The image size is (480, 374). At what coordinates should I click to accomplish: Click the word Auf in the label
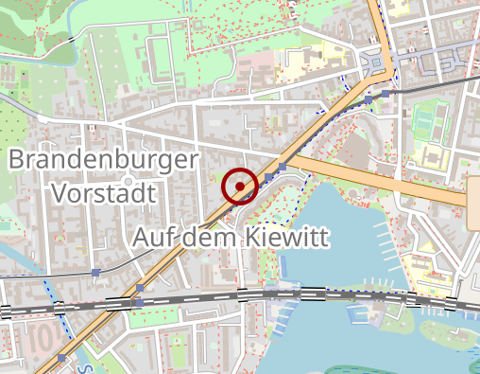(153, 237)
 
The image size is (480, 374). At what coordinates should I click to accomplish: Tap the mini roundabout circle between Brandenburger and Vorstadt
(127, 177)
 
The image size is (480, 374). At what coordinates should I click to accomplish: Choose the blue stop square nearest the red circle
(269, 177)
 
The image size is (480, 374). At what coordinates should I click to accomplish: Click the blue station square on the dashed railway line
(96, 273)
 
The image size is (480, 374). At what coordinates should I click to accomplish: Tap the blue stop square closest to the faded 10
(62, 357)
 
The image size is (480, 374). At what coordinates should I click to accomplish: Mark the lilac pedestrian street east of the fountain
(425, 66)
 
